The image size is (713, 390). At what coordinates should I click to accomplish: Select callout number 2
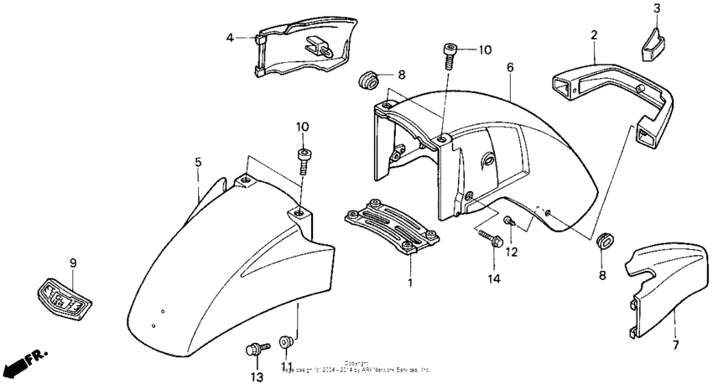[x=593, y=35]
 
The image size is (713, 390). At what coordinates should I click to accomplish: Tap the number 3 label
[x=657, y=8]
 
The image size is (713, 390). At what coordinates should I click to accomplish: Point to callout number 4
[x=228, y=37]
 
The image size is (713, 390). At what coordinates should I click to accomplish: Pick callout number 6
[x=508, y=65]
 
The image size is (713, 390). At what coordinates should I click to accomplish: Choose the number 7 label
[x=676, y=344]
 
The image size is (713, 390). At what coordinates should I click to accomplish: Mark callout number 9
[x=72, y=263]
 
